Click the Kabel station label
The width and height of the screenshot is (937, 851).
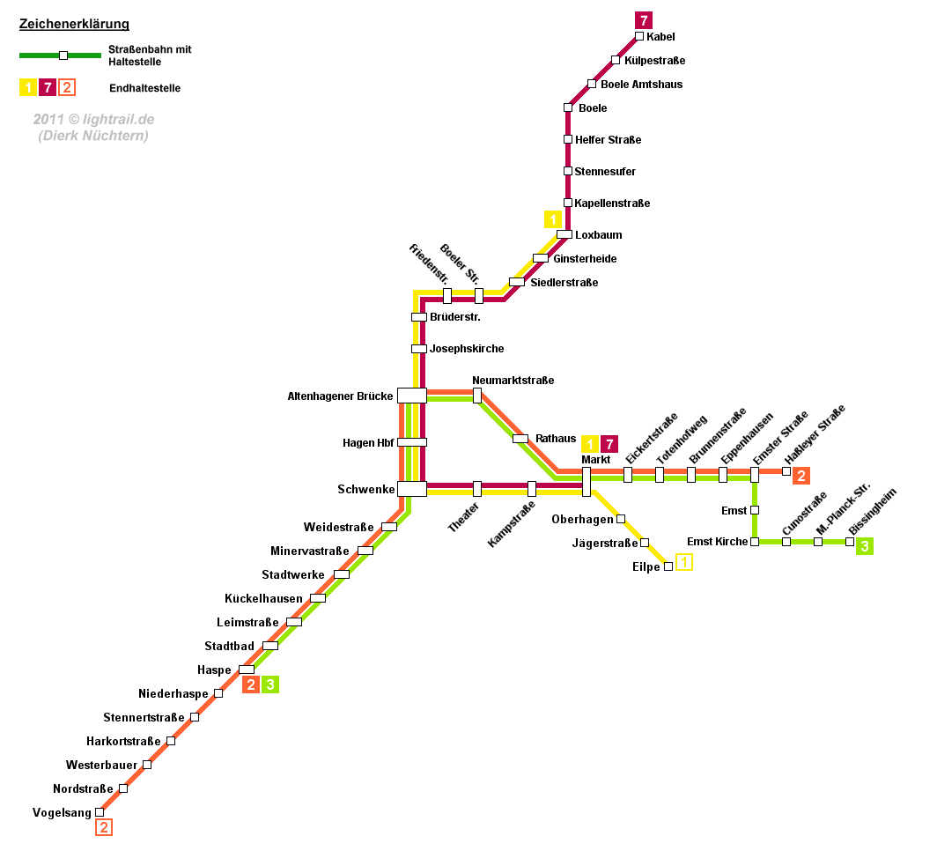click(660, 37)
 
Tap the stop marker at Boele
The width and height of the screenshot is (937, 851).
click(568, 107)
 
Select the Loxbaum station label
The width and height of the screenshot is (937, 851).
click(599, 235)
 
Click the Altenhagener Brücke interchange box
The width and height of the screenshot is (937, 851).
click(412, 396)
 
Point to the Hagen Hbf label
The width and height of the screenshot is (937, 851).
click(368, 443)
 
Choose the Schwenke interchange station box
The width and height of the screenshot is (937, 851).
click(412, 489)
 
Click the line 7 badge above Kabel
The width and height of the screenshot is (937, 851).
click(644, 19)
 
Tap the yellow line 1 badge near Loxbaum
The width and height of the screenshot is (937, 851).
click(553, 219)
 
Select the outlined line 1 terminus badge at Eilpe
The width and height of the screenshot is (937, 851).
click(684, 562)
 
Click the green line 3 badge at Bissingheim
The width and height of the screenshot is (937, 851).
click(865, 547)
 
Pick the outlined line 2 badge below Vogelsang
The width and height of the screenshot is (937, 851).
click(104, 827)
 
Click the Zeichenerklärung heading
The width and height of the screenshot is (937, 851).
click(74, 25)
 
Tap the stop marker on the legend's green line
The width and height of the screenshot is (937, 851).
click(63, 55)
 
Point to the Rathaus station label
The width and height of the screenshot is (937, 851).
click(556, 439)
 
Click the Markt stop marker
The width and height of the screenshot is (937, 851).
click(587, 482)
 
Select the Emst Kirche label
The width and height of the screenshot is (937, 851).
click(717, 542)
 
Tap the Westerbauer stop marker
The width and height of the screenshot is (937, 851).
click(147, 765)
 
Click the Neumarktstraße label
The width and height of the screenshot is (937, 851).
click(513, 381)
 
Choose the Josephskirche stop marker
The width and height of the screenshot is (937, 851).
click(419, 349)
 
